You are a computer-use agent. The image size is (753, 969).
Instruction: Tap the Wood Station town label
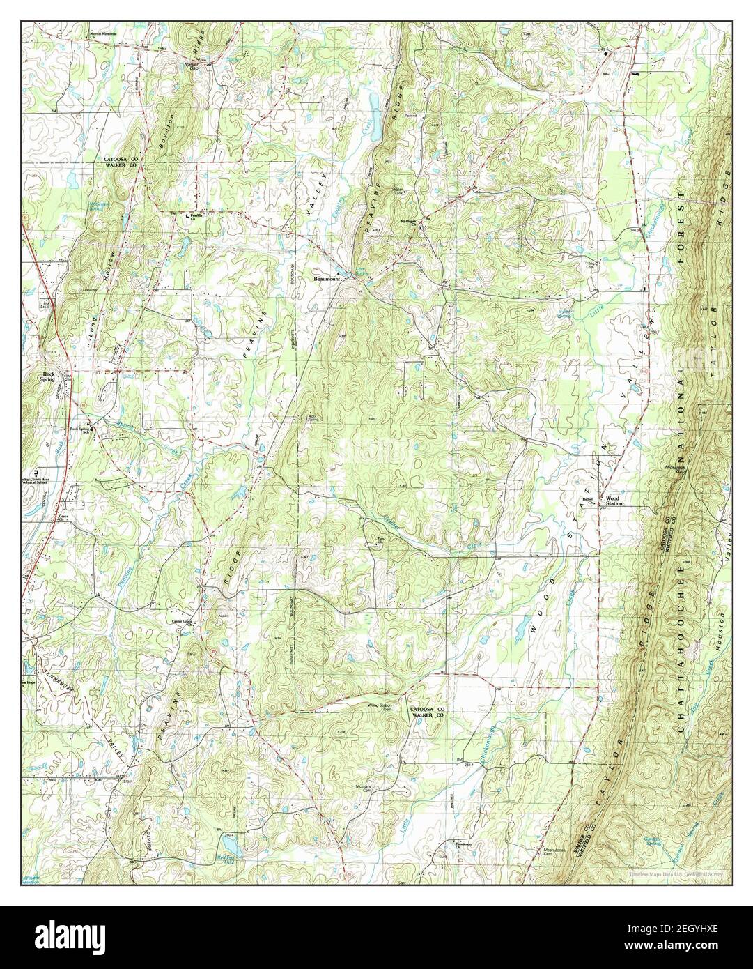(x=612, y=501)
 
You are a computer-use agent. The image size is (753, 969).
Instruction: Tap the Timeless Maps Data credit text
(x=675, y=873)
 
